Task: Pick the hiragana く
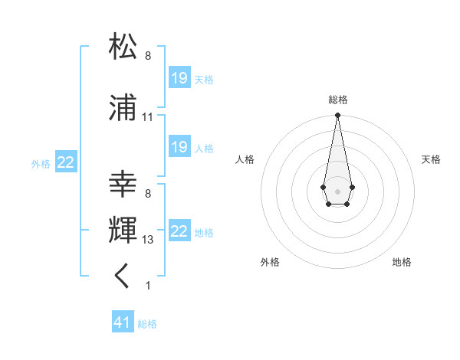pos(123,276)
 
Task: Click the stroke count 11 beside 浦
pos(148,117)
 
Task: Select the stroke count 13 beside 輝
pos(148,240)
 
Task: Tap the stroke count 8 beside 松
pos(147,56)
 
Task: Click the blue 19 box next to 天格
pos(179,78)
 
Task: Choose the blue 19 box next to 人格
pos(179,147)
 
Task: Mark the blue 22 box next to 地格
pos(179,231)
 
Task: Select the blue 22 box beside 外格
pos(66,162)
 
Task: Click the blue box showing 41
pos(123,323)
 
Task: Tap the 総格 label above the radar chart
pos(337,100)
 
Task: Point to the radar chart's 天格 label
pos(431,159)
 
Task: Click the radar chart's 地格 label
pos(402,262)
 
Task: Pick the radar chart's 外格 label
pos(270,262)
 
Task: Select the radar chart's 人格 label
pos(245,159)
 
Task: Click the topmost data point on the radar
pos(337,116)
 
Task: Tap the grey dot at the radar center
pos(337,190)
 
